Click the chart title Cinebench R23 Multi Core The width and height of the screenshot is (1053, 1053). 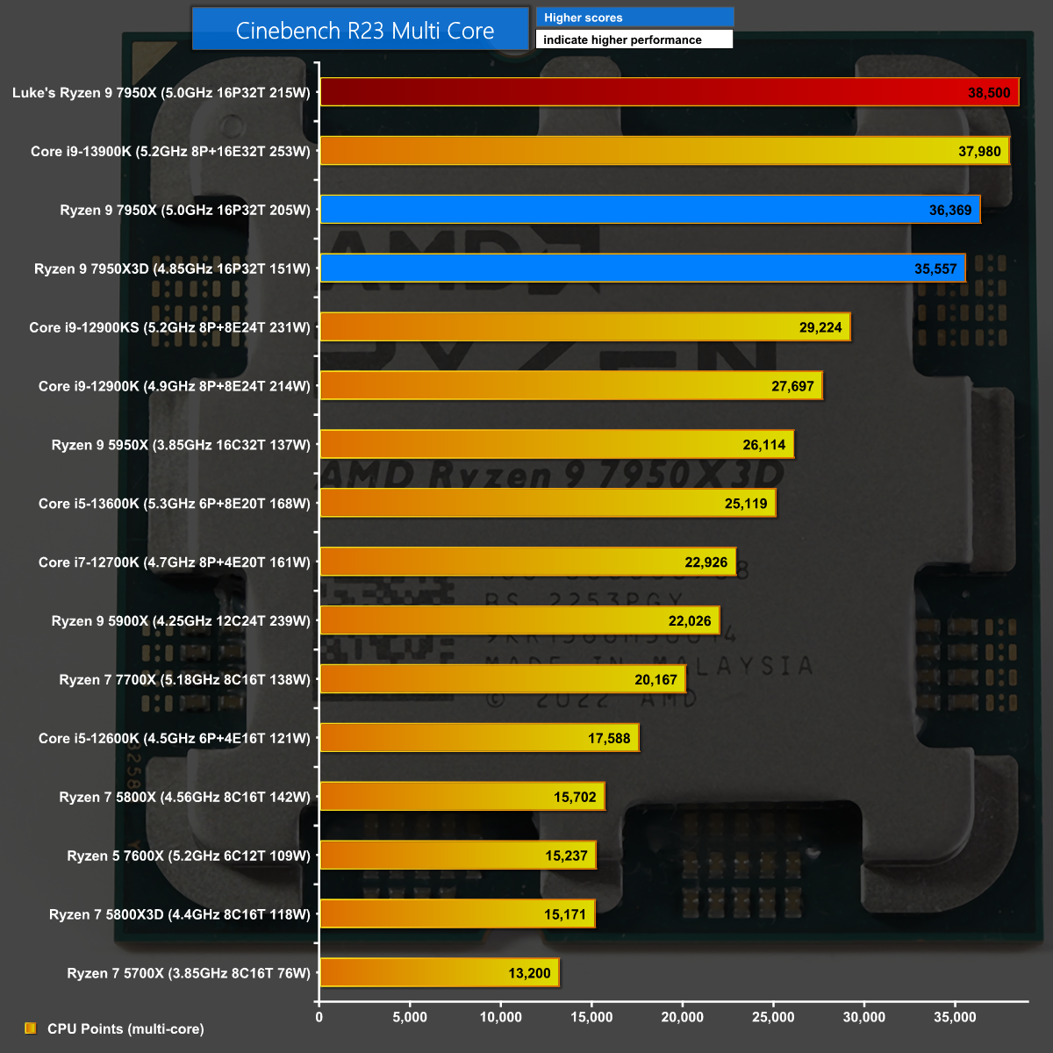click(x=364, y=31)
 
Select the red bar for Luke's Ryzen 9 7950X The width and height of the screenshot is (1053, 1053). click(x=669, y=92)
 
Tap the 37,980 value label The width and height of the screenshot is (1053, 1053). click(x=979, y=152)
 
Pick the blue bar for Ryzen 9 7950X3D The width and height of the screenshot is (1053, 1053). click(x=642, y=269)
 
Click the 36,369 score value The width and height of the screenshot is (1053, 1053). click(x=950, y=211)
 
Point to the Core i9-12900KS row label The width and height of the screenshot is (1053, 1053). click(x=169, y=327)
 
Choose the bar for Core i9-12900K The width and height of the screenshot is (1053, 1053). click(x=570, y=386)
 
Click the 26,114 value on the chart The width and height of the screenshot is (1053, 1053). click(x=764, y=445)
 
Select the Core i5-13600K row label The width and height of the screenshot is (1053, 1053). click(x=174, y=504)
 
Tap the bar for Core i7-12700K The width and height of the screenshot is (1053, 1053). click(x=527, y=562)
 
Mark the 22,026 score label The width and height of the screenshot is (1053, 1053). click(x=690, y=621)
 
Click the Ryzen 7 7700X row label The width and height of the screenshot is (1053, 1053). click(x=184, y=680)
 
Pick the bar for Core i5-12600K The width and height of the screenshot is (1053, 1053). click(x=479, y=738)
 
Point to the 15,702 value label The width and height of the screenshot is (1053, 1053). click(x=575, y=798)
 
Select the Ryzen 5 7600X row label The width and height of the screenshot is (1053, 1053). click(x=189, y=856)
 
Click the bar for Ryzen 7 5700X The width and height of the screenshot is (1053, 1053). click(x=439, y=972)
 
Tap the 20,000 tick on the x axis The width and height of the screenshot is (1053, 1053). click(x=682, y=1017)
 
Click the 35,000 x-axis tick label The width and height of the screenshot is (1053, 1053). click(x=955, y=1017)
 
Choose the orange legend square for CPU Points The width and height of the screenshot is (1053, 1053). click(x=31, y=1028)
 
